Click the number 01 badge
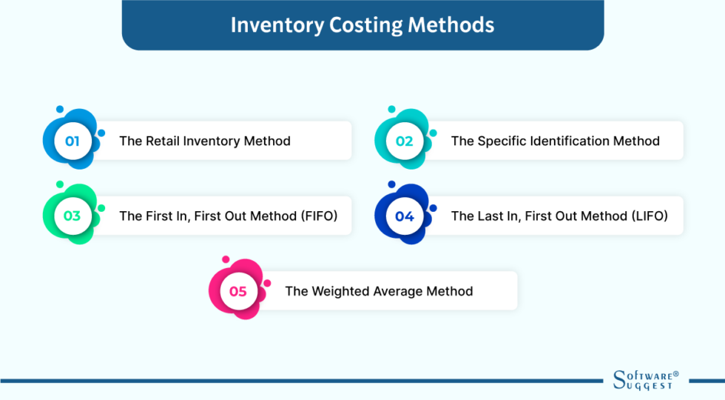tap(72, 141)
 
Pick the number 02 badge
tap(404, 141)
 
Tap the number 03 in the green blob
tap(72, 216)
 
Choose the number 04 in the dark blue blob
tap(404, 216)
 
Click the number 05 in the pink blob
tap(237, 291)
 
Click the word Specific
tap(501, 141)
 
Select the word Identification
tap(570, 141)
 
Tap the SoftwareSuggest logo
tap(643, 380)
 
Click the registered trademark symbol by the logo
tap(675, 373)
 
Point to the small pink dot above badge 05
tap(226, 260)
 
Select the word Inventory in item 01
tap(214, 141)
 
